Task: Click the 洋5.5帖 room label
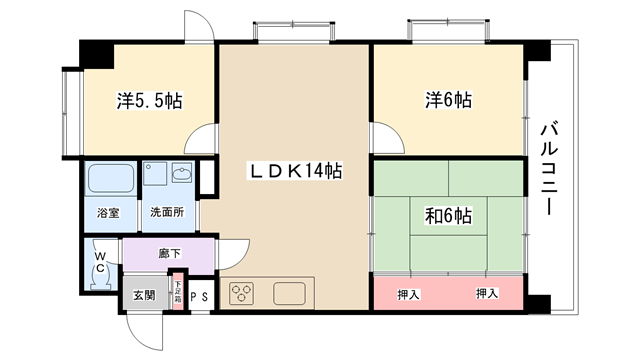(149, 101)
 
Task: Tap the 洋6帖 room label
(449, 100)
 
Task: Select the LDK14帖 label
(295, 171)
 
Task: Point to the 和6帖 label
(449, 216)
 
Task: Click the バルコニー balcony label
(549, 168)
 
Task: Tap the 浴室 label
(108, 213)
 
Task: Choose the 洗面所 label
(167, 212)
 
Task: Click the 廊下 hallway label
(169, 253)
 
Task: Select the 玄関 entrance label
(144, 295)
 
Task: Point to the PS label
(199, 297)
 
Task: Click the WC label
(100, 262)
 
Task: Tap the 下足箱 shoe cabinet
(178, 292)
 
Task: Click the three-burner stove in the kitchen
(241, 293)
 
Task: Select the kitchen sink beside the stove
(289, 293)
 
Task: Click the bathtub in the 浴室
(111, 178)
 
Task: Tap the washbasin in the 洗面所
(182, 173)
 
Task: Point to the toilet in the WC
(100, 280)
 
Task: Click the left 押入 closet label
(409, 295)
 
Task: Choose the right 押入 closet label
(487, 293)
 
